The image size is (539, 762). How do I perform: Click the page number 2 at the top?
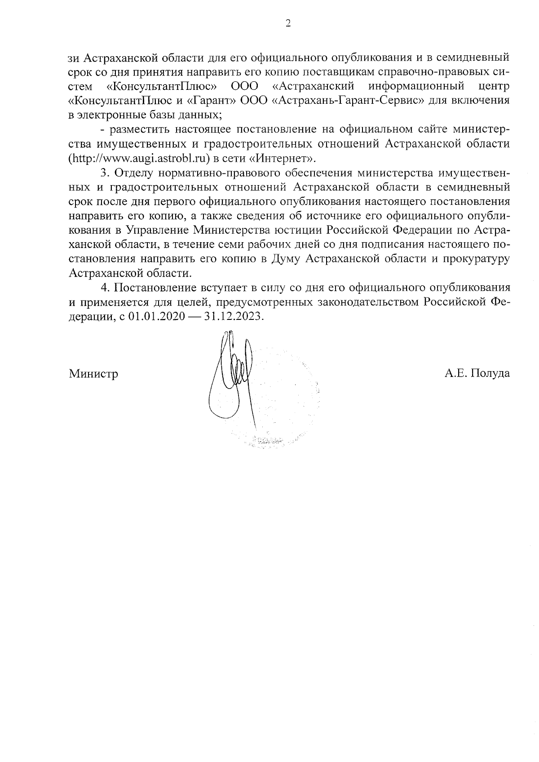(288, 24)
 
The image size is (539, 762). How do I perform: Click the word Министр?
(93, 374)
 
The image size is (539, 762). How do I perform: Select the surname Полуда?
(490, 374)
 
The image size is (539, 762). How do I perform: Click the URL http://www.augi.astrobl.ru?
(140, 158)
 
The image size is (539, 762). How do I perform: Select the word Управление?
(158, 230)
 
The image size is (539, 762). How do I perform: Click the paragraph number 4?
(104, 288)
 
